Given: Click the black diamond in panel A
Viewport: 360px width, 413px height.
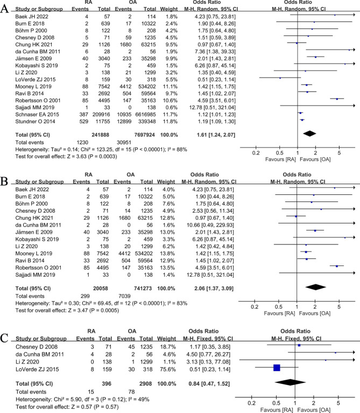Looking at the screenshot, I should (309, 132).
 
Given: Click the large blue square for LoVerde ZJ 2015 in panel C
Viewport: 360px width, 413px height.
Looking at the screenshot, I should (277, 368).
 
